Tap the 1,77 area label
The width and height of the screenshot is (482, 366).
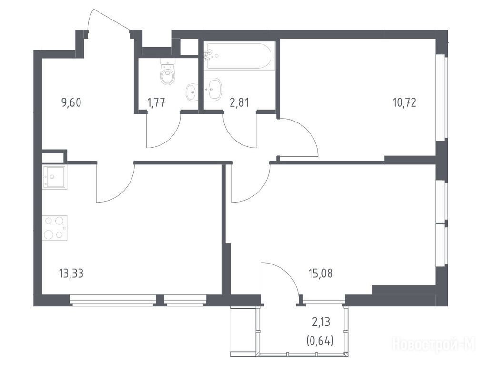157,102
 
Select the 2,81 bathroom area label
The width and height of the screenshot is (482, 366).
239,102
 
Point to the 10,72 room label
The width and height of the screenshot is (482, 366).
404,102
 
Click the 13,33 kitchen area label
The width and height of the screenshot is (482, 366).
71,273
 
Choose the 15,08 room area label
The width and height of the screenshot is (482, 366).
321,273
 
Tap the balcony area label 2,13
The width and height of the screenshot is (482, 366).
321,322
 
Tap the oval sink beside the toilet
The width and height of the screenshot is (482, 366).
191,91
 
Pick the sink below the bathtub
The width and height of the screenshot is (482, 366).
213,89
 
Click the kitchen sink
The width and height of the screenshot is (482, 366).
55,177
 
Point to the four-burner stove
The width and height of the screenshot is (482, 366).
55,228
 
